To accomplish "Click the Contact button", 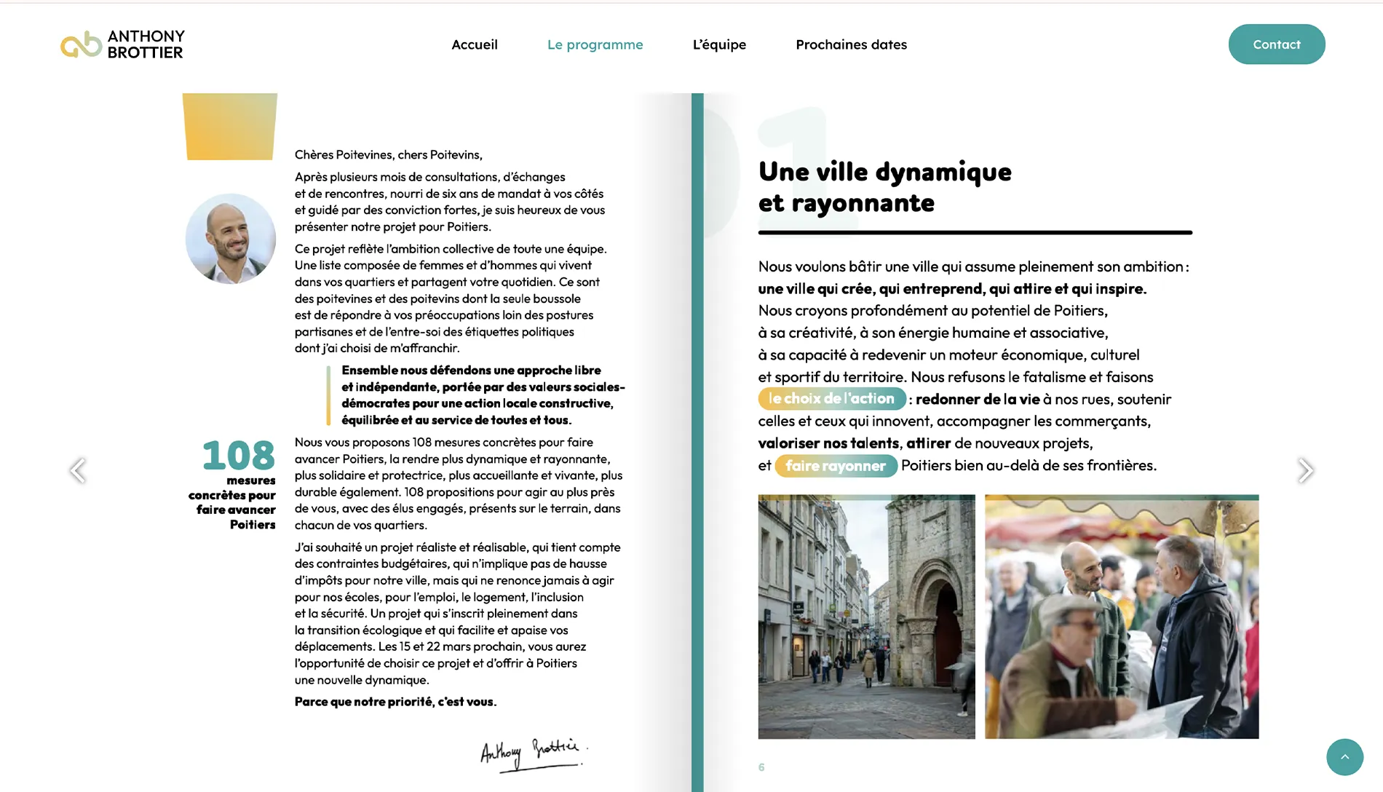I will pos(1276,44).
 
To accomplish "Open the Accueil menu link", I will pos(475,44).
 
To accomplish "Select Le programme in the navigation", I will pos(595,44).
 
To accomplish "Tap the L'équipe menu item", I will pos(719,44).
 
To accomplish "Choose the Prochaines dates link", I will pos(851,44).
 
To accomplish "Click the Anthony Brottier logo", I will pos(122,44).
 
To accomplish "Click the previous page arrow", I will pos(78,470).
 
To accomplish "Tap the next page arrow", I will pos(1305,470).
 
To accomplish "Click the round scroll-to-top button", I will pos(1344,757).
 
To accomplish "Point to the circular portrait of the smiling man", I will pos(231,239).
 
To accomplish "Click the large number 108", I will pos(239,456).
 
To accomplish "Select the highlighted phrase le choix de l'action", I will pos(831,399).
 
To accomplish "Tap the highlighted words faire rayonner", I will pos(836,466).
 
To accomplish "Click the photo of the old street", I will pos(866,617).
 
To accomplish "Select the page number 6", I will pos(761,767).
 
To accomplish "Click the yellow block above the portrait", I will pos(230,126).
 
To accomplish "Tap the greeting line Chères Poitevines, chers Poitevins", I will pos(388,154).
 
